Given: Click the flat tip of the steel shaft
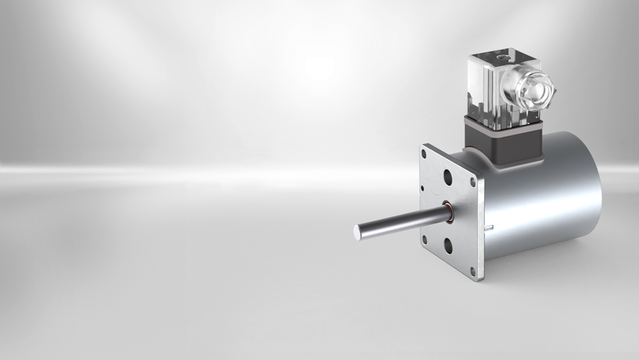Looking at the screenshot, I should pyautogui.click(x=359, y=230).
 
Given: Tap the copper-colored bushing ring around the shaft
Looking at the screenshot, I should pyautogui.click(x=446, y=208).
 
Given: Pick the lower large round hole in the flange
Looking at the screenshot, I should pyautogui.click(x=448, y=246).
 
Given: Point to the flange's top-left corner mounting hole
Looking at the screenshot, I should pyautogui.click(x=423, y=154).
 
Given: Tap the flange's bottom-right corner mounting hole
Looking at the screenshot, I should pyautogui.click(x=473, y=270).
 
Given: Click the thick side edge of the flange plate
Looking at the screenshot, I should pyautogui.click(x=480, y=223).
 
